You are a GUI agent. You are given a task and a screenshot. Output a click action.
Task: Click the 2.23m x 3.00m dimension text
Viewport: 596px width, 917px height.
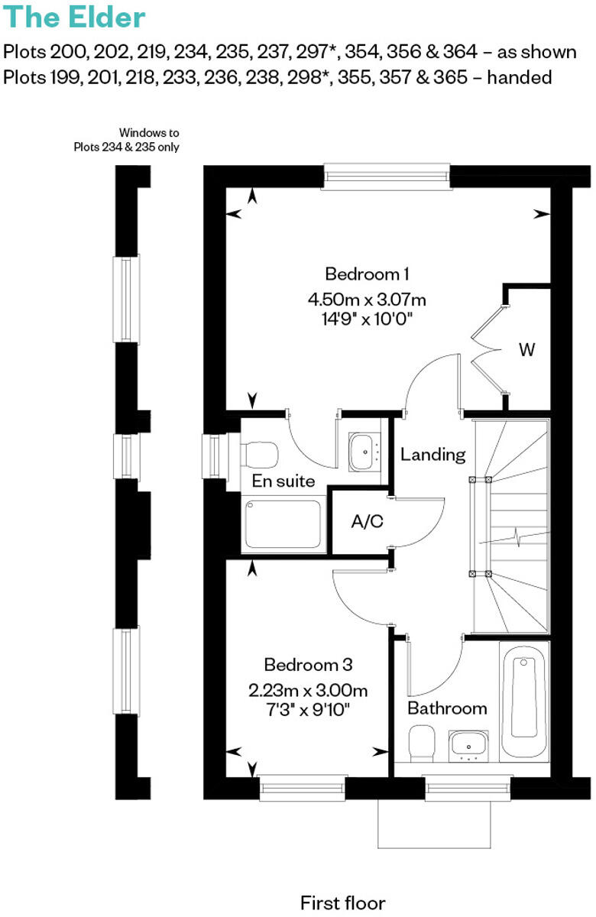tap(308, 691)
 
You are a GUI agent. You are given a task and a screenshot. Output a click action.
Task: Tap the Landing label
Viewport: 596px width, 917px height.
tap(433, 455)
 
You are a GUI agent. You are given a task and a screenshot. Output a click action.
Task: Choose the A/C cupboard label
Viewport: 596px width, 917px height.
tap(367, 523)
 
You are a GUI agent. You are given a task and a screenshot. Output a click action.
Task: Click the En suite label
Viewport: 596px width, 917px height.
tap(283, 481)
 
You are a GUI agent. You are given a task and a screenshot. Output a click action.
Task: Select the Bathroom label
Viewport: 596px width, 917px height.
tap(447, 708)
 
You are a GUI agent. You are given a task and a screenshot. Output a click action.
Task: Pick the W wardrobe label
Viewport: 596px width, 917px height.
tap(526, 350)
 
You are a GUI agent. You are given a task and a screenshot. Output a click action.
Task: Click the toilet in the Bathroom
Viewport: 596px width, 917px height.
tap(422, 743)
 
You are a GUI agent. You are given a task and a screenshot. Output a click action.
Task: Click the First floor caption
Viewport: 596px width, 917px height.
tap(343, 902)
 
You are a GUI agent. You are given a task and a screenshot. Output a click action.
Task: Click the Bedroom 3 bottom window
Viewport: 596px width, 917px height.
tap(302, 788)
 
